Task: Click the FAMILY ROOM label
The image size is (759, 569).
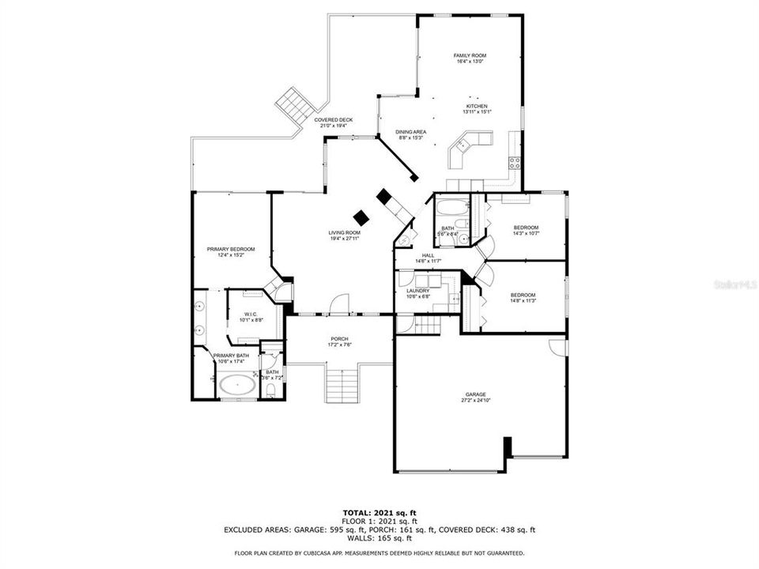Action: (470, 55)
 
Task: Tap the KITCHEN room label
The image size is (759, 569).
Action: (477, 106)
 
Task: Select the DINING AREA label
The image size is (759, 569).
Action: (411, 132)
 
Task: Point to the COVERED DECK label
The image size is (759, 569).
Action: (333, 120)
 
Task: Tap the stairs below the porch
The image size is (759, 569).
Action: (342, 386)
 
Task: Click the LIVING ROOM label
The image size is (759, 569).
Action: (345, 232)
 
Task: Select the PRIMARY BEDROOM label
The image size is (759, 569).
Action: (231, 249)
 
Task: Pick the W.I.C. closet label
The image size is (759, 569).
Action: (252, 314)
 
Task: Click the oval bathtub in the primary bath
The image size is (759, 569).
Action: (237, 386)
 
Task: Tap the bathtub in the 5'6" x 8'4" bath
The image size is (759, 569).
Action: (452, 211)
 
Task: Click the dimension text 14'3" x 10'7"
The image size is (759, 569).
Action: (525, 233)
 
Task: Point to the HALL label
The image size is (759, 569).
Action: (428, 255)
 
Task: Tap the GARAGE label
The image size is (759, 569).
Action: (476, 394)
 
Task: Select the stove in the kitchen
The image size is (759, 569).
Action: (515, 164)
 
